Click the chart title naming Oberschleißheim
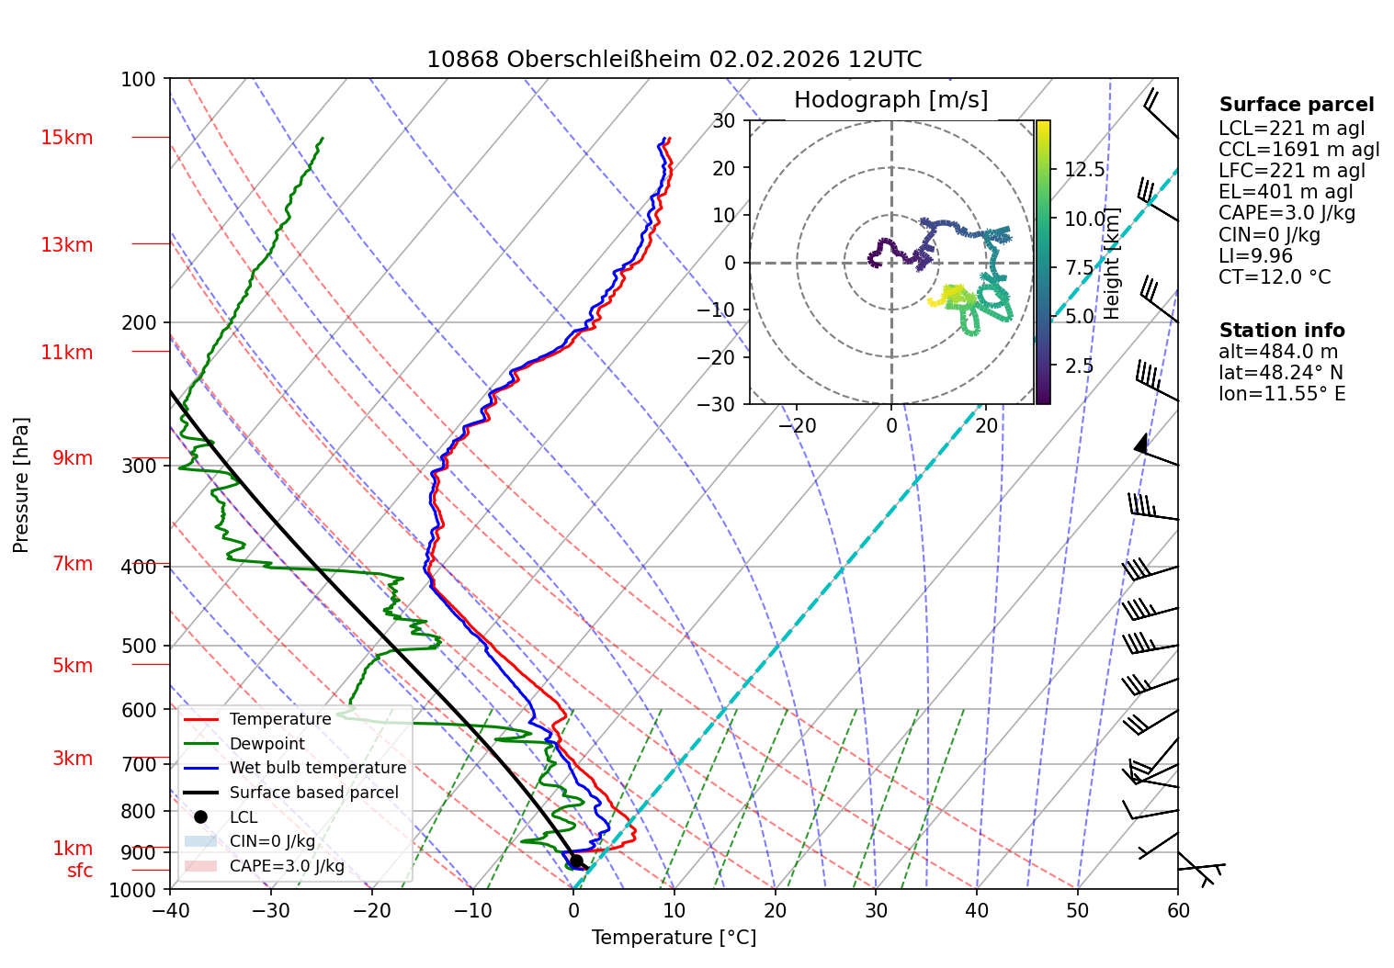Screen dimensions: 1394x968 (674, 60)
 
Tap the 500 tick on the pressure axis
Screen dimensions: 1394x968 (139, 647)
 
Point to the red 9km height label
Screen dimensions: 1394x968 (73, 458)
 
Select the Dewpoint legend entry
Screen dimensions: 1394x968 (267, 743)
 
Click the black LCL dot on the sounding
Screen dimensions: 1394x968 (576, 861)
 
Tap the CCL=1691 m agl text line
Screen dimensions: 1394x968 (1298, 150)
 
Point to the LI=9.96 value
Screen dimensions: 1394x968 (1256, 255)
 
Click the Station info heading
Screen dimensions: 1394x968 (1282, 331)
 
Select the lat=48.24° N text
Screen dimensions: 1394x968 (1281, 373)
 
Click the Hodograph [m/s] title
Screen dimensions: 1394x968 (891, 99)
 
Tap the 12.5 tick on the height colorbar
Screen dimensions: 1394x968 (1084, 169)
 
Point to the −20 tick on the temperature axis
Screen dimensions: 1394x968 (371, 911)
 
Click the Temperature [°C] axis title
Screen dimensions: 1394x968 (674, 938)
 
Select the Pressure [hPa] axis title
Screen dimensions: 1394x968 (20, 485)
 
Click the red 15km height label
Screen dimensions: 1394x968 (67, 138)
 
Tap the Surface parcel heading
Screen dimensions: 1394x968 (1297, 105)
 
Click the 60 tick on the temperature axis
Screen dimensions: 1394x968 (1177, 911)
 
